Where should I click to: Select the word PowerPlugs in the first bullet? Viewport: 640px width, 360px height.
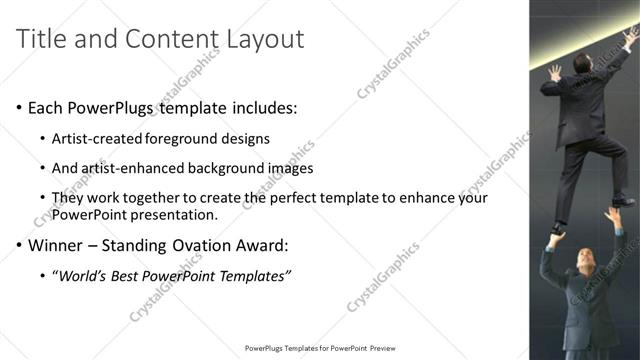(113, 107)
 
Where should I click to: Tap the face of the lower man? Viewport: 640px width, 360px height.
(586, 261)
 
